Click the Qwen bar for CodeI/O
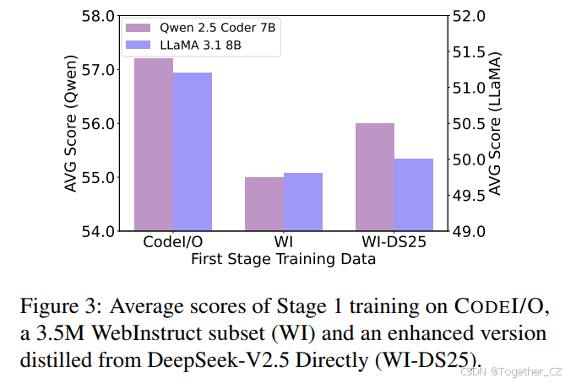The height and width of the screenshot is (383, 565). pyautogui.click(x=154, y=144)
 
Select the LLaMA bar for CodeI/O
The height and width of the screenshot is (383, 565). pyautogui.click(x=193, y=152)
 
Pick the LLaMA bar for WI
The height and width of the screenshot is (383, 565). pyautogui.click(x=302, y=202)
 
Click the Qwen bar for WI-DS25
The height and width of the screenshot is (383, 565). pyautogui.click(x=374, y=176)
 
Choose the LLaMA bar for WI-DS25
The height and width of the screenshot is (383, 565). pyautogui.click(x=413, y=194)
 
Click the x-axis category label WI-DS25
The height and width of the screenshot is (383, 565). pyautogui.click(x=394, y=244)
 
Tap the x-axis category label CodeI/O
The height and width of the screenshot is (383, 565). pyautogui.click(x=173, y=244)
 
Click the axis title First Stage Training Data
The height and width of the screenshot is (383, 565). pyautogui.click(x=283, y=260)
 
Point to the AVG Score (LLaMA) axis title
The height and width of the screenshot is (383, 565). pyautogui.click(x=497, y=123)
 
